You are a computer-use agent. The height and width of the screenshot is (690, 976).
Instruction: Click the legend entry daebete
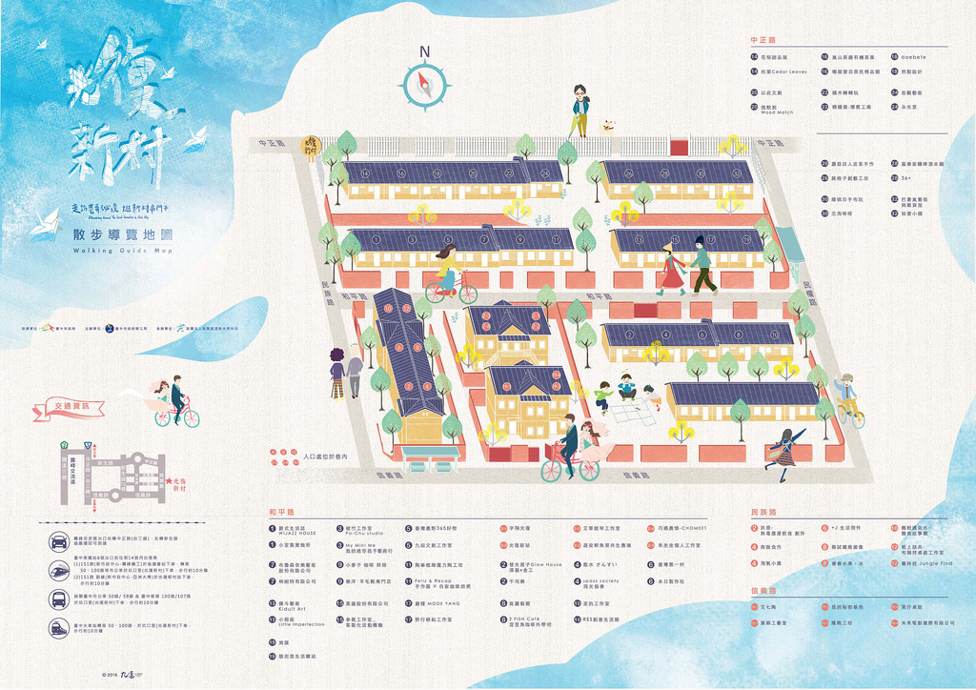coord(913,57)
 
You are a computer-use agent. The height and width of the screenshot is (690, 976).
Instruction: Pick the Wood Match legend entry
coord(778,110)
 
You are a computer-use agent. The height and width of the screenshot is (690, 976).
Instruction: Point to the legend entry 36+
coord(906,177)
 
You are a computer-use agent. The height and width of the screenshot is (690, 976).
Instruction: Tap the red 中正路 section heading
coord(763,40)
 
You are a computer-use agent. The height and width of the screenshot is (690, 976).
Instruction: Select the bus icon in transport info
coord(59,599)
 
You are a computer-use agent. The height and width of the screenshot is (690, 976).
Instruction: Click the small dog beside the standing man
coord(606,125)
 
